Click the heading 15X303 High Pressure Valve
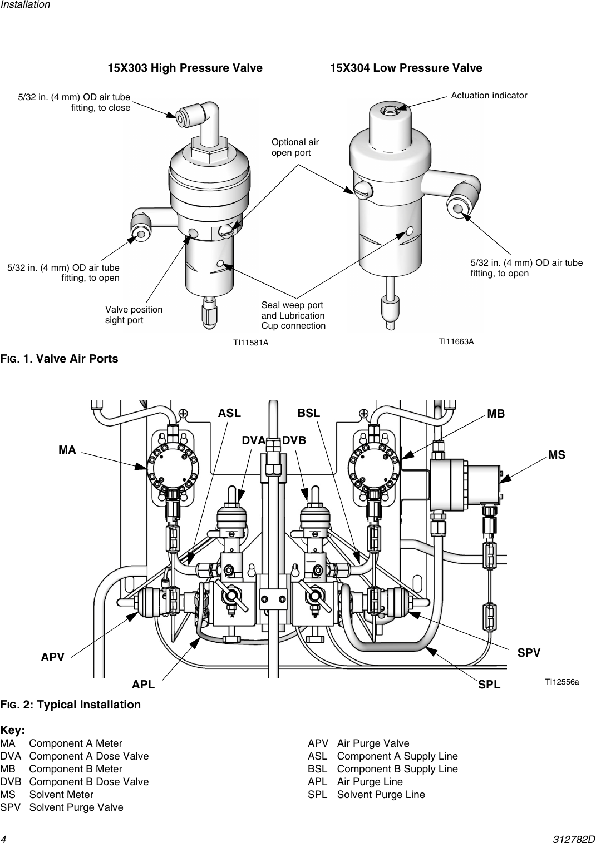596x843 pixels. tap(185, 68)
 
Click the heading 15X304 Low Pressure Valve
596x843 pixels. tap(406, 68)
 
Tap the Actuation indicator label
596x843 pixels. tap(489, 96)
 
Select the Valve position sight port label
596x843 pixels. tap(134, 315)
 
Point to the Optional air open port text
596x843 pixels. tap(295, 147)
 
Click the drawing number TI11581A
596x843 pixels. tap(250, 343)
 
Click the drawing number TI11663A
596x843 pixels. tap(456, 341)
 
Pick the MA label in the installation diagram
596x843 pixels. tap(67, 450)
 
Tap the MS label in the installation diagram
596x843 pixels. tap(556, 455)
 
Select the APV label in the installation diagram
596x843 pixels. tap(53, 657)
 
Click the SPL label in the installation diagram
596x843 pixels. tap(489, 685)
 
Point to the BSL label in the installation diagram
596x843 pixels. tap(309, 413)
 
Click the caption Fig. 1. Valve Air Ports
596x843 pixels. tap(60, 359)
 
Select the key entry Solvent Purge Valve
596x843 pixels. tap(76, 807)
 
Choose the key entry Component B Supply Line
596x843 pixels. tap(397, 769)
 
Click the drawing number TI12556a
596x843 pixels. tap(562, 682)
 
